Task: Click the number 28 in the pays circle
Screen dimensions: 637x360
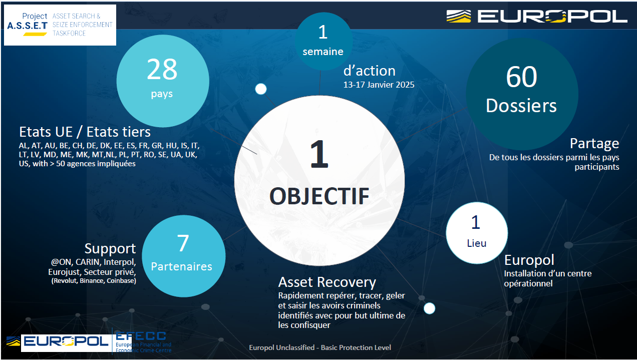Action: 162,69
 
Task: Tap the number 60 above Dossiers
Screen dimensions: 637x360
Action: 521,77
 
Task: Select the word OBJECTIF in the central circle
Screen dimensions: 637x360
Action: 320,196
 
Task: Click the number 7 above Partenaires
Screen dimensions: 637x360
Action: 183,243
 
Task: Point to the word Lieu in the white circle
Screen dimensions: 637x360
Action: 477,243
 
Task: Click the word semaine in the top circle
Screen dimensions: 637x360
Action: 323,52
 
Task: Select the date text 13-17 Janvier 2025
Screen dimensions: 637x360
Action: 379,85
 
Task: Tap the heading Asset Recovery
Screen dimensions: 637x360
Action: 327,282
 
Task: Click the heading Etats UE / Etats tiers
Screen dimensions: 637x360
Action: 85,132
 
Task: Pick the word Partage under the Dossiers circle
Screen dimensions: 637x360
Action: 594,144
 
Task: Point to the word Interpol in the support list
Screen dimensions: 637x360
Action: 119,262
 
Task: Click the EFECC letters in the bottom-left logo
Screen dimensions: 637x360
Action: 141,336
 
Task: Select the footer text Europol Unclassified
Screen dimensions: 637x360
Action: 282,347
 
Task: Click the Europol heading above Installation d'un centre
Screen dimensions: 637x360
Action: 529,260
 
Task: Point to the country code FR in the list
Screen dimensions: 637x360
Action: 143,146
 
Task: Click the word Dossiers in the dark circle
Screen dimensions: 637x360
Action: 521,106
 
